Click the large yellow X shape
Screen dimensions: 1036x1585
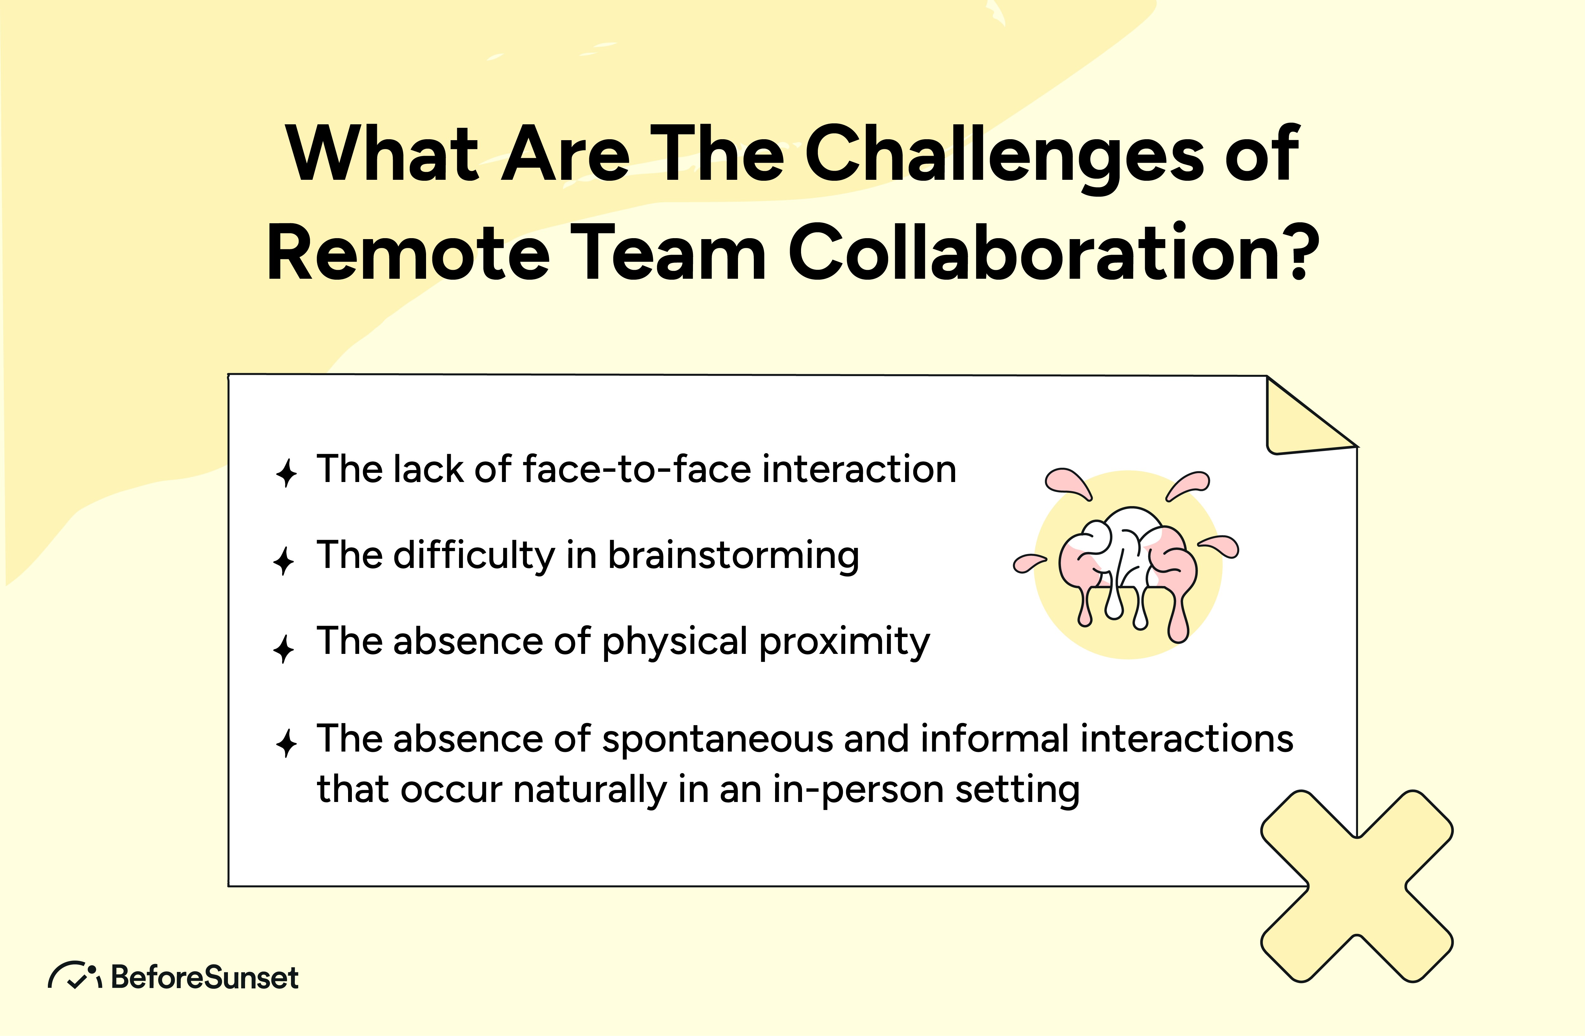pos(1356,886)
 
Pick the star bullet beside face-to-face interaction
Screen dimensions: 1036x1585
pos(286,473)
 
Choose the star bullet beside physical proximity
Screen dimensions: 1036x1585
pos(284,648)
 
